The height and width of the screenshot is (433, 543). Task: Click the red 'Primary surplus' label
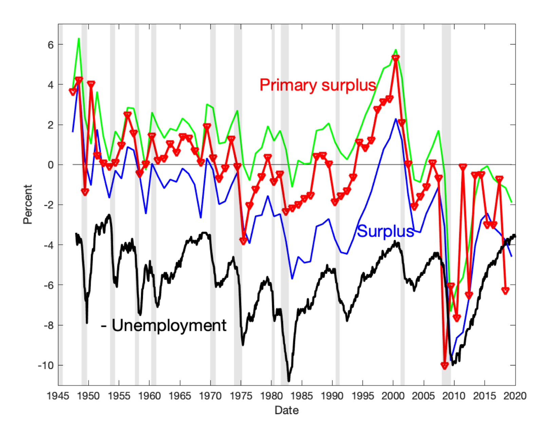click(x=318, y=85)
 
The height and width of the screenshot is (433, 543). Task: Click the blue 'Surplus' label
click(x=386, y=231)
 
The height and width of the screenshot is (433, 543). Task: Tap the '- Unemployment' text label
click(x=164, y=325)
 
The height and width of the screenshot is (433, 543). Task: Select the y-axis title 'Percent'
click(x=28, y=204)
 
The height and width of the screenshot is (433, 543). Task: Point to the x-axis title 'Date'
click(x=286, y=410)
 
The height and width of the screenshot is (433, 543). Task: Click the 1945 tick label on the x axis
click(x=58, y=396)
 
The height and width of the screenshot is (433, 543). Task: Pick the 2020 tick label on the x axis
click(x=515, y=396)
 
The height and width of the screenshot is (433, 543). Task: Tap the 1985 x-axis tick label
click(x=302, y=396)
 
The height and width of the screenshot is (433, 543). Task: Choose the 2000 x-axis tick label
click(x=393, y=396)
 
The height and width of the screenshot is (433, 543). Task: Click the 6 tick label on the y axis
click(x=51, y=44)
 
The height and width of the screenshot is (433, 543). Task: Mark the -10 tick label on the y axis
click(x=46, y=365)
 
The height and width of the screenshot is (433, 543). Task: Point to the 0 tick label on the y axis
click(x=51, y=165)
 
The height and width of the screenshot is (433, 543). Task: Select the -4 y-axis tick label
click(x=48, y=245)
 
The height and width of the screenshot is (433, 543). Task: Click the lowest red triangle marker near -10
click(x=445, y=365)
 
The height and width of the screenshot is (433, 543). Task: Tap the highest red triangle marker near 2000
click(x=395, y=58)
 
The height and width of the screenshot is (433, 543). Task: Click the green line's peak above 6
click(x=79, y=38)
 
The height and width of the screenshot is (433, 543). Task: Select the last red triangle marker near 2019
click(x=505, y=291)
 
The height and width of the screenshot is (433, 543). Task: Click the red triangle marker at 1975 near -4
click(x=243, y=241)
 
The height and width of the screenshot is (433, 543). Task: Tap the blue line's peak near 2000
click(x=396, y=119)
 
